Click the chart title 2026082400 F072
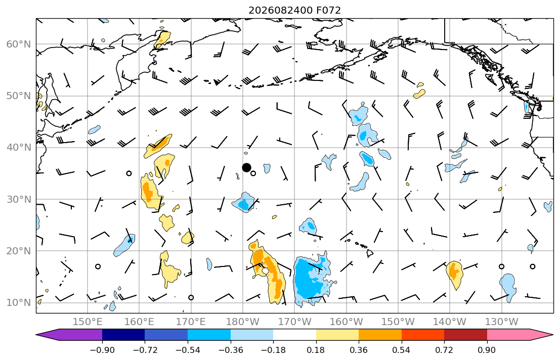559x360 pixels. pyautogui.click(x=294, y=10)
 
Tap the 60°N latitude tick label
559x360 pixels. pyautogui.click(x=19, y=44)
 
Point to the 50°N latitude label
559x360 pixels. pyautogui.click(x=19, y=96)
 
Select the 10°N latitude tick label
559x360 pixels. pyautogui.click(x=19, y=303)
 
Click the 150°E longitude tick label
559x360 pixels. pyautogui.click(x=88, y=322)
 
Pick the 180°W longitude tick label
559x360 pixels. pyautogui.click(x=243, y=322)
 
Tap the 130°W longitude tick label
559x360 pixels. pyautogui.click(x=502, y=322)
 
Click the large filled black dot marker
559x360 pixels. pyautogui.click(x=246, y=167)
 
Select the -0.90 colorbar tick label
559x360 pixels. pyautogui.click(x=102, y=350)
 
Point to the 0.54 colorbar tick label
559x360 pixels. pyautogui.click(x=402, y=350)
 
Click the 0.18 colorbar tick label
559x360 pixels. pyautogui.click(x=316, y=350)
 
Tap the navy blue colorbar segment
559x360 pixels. pyautogui.click(x=123, y=334)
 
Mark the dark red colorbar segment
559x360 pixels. pyautogui.click(x=465, y=334)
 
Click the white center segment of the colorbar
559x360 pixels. pyautogui.click(x=294, y=334)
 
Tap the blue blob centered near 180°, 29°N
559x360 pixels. pyautogui.click(x=244, y=203)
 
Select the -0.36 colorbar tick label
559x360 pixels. pyautogui.click(x=230, y=350)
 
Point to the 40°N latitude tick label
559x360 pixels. pyautogui.click(x=19, y=148)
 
